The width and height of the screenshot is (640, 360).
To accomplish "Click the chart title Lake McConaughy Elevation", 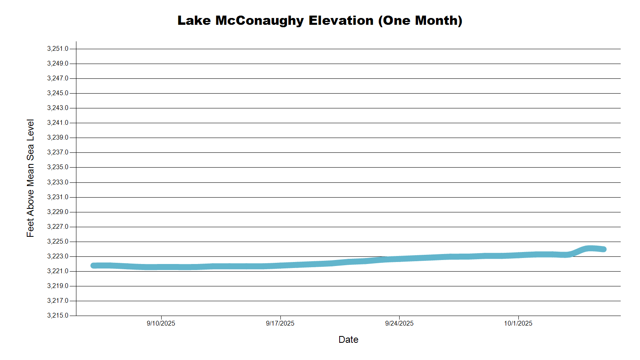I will tap(320, 20).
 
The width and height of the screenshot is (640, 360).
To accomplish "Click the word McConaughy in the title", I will tap(260, 20).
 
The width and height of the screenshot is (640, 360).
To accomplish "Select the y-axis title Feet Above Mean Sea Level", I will tap(30, 178).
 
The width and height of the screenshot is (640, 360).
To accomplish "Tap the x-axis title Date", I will tap(348, 340).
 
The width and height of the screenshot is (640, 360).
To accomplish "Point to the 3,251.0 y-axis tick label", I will tap(58, 49).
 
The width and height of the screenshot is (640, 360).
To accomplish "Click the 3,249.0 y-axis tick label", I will tap(58, 64).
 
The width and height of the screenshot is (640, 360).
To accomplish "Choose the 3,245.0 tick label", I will tap(58, 93).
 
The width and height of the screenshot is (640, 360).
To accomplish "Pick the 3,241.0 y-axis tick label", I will tap(58, 123).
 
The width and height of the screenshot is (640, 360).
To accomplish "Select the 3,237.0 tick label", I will tap(58, 152).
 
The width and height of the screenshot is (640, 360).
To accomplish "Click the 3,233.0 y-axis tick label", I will tap(58, 182).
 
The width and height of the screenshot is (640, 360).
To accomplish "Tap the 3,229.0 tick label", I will tap(58, 212).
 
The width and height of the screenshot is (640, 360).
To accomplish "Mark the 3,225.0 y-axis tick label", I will tap(58, 242).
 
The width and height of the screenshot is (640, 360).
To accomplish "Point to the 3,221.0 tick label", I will tap(58, 271).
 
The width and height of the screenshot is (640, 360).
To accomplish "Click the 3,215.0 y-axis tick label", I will tap(58, 316).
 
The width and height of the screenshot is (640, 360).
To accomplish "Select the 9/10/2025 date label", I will tap(161, 323).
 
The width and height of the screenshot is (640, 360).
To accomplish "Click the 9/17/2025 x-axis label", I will tap(280, 323).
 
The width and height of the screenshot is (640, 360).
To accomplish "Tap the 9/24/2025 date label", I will tap(399, 323).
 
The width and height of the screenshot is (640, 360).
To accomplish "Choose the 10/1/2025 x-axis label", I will tap(518, 323).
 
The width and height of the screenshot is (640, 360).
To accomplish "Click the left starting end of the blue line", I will tap(94, 266).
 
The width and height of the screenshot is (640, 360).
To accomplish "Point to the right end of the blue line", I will tap(604, 249).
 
